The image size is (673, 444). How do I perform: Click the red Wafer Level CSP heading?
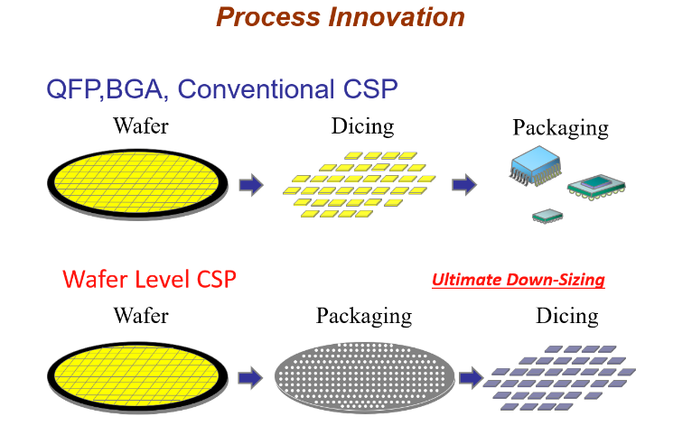click(149, 280)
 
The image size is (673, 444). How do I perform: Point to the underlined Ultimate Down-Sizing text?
click(518, 280)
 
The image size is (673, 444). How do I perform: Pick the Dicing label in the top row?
click(362, 125)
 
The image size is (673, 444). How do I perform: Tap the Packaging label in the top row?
click(560, 127)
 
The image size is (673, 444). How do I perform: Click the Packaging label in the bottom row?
click(363, 317)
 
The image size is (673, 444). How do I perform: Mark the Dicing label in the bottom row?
click(567, 316)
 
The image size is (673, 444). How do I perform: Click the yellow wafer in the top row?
click(136, 184)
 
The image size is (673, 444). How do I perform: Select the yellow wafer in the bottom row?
click(136, 376)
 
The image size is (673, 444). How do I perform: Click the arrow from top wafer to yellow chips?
click(250, 185)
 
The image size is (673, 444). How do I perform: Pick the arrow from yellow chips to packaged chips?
click(463, 185)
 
